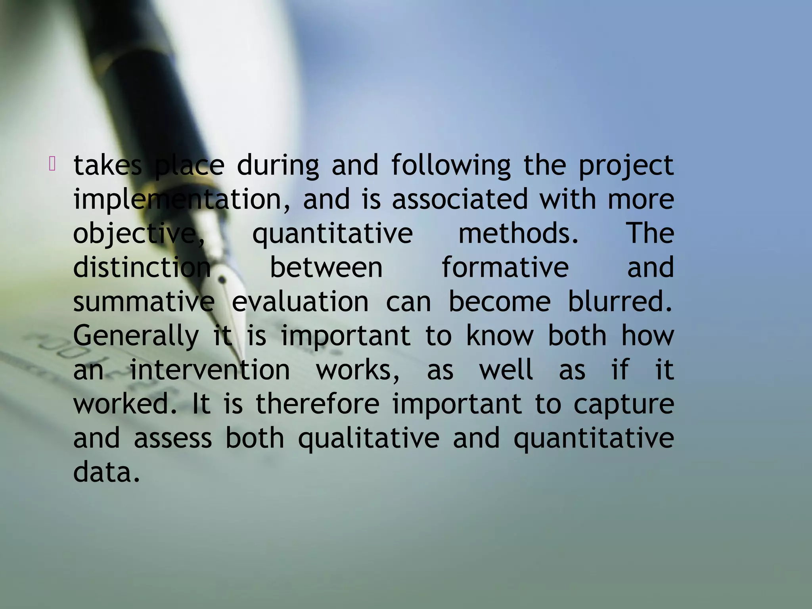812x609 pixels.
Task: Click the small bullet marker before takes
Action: pos(52,163)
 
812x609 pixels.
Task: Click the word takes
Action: pos(107,165)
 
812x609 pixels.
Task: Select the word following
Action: pos(451,166)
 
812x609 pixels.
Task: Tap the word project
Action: pos(626,166)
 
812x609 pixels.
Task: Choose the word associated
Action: pos(460,199)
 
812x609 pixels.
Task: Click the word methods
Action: pos(518,233)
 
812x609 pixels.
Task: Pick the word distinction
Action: pos(142,267)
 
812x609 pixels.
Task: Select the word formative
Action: pos(505,267)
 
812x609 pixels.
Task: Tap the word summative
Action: pos(144,302)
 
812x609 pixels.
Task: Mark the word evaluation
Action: pos(300,302)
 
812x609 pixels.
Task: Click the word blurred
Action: pos(620,302)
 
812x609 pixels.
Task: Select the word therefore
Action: pos(318,404)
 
